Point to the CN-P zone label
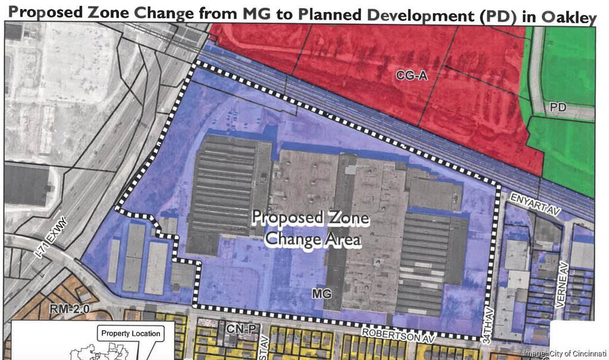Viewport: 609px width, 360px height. (237, 328)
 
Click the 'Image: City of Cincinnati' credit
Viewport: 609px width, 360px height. (564, 353)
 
